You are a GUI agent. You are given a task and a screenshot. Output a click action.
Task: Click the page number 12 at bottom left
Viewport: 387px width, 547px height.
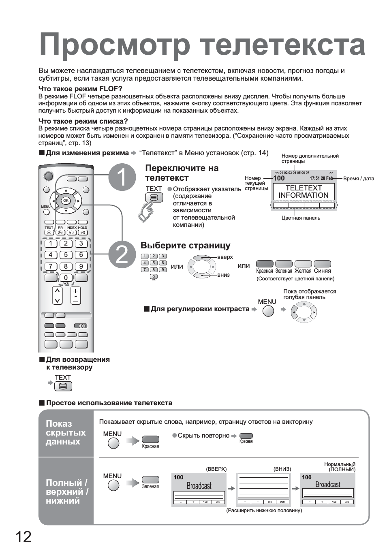[x=24, y=537]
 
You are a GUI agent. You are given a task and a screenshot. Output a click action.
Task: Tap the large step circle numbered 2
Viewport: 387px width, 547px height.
[x=122, y=255]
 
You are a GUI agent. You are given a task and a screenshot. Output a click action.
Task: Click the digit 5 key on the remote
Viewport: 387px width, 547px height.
[x=66, y=255]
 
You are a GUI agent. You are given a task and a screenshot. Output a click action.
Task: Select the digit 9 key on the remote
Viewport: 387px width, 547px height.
[x=81, y=266]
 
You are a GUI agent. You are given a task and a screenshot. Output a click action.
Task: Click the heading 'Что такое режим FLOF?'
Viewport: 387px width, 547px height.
[x=80, y=89]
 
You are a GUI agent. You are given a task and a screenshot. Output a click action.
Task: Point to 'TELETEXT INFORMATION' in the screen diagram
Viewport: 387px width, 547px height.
[x=304, y=192]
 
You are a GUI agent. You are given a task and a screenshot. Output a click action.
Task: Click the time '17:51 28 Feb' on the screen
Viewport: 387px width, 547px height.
[x=321, y=178]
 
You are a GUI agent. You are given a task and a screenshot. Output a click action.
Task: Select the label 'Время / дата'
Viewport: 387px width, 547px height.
[x=359, y=179]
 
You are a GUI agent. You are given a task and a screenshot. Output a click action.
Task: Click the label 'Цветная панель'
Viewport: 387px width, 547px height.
[x=301, y=218]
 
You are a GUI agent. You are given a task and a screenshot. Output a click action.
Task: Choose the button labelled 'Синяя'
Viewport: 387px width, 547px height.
[x=323, y=264]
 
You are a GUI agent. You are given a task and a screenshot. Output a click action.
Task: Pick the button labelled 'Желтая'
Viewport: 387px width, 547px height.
[x=303, y=264]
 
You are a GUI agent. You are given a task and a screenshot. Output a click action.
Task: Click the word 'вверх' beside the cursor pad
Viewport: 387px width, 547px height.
[x=225, y=257]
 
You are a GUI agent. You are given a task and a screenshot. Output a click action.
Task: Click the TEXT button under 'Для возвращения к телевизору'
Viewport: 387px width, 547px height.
[x=63, y=386]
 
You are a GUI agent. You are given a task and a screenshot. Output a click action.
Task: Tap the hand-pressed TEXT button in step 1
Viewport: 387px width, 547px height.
[x=154, y=197]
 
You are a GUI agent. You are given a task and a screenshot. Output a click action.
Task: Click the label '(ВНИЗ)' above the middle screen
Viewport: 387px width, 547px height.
[x=282, y=469]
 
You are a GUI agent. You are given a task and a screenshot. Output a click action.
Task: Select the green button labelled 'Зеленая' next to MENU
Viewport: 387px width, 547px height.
[x=150, y=479]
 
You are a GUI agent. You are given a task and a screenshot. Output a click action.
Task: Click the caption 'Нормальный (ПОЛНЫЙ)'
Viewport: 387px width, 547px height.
[x=340, y=467]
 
